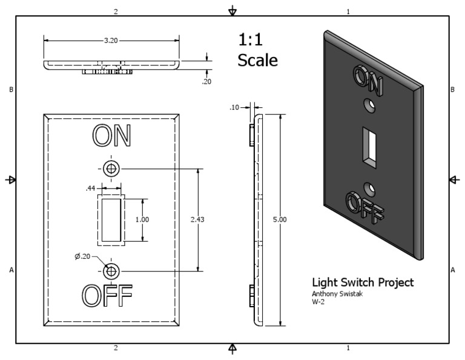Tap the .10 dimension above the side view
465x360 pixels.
(234, 107)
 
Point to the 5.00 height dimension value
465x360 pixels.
(280, 219)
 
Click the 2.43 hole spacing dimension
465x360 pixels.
(197, 219)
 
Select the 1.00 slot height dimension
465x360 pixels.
(142, 219)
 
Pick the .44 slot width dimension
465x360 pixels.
(91, 188)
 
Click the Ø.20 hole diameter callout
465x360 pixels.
(82, 257)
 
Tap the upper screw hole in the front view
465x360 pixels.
(111, 168)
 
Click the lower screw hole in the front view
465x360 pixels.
(111, 270)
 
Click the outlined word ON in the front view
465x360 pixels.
(111, 136)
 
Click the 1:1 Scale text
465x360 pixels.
(257, 50)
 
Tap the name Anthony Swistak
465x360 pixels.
(334, 294)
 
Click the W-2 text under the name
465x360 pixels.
(318, 302)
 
